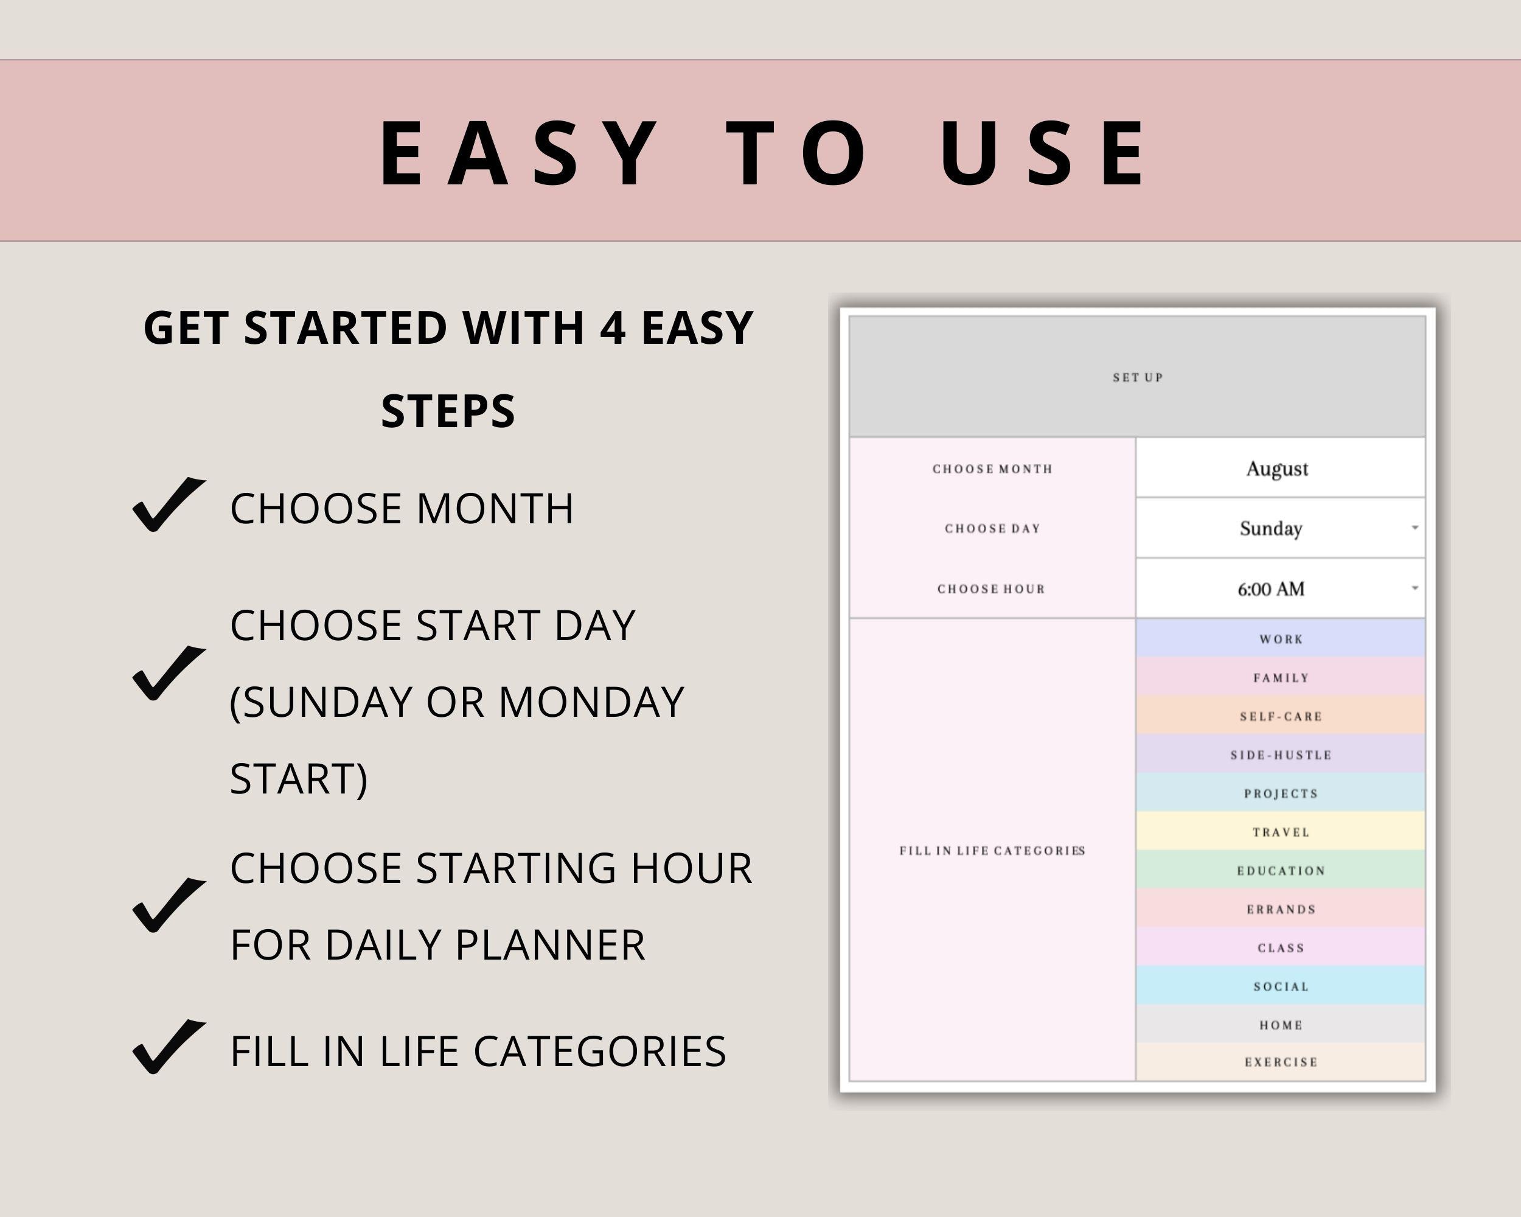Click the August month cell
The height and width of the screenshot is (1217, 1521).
(x=1277, y=469)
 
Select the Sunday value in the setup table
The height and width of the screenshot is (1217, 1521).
(x=1270, y=528)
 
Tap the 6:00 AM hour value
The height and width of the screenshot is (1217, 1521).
(x=1270, y=588)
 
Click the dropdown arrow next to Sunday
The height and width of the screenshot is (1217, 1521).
(x=1415, y=528)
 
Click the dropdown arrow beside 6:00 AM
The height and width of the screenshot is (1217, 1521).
(x=1415, y=588)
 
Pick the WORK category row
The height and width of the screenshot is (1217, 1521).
(x=1281, y=639)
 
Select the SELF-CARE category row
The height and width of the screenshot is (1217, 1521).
(x=1281, y=716)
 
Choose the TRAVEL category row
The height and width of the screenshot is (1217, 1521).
(x=1281, y=832)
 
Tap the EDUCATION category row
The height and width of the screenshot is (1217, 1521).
(x=1281, y=871)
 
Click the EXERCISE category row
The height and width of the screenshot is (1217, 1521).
(x=1281, y=1062)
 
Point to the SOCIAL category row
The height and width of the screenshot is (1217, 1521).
(x=1281, y=986)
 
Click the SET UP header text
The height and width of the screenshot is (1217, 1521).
(x=1137, y=377)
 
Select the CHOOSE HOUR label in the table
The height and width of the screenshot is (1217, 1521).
(x=991, y=588)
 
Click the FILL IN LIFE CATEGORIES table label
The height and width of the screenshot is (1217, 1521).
(x=992, y=850)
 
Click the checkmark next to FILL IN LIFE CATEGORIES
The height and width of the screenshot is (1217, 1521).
(x=168, y=1047)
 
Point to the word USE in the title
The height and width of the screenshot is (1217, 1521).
(x=1043, y=154)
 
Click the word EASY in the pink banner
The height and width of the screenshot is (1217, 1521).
(x=518, y=154)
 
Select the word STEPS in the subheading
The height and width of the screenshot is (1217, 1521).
(x=448, y=411)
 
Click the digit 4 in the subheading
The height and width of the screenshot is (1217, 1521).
(x=612, y=328)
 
